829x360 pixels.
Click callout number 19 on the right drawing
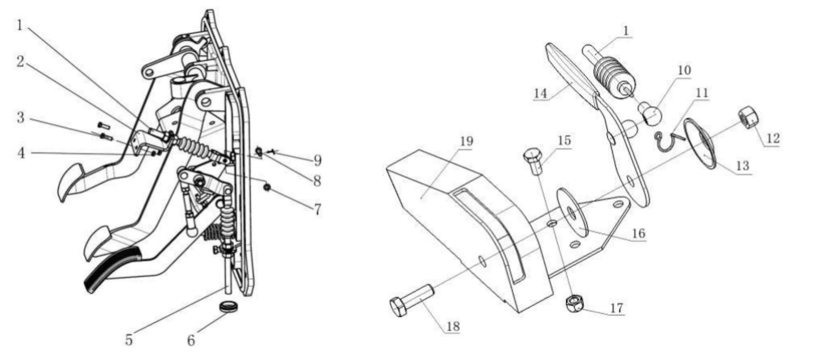466,141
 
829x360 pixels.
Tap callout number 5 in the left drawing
129,340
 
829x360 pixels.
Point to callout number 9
317,160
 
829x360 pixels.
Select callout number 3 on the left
21,117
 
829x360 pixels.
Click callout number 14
541,93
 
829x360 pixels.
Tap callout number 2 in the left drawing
20,62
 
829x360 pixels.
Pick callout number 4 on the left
21,153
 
